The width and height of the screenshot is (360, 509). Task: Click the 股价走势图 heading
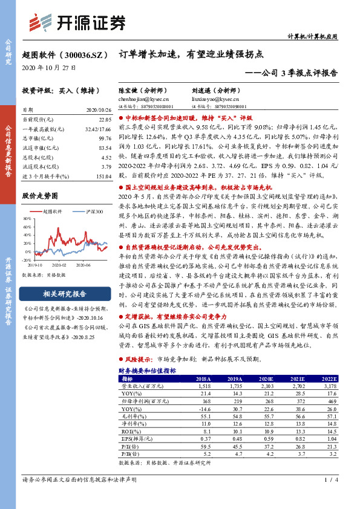click(x=40, y=196)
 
